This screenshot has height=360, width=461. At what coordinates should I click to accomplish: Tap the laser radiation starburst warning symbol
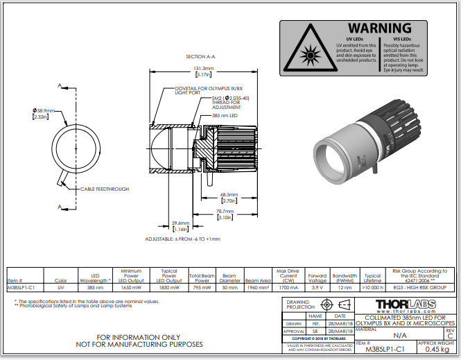[307, 51]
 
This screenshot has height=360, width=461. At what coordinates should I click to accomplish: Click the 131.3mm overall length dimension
[204, 69]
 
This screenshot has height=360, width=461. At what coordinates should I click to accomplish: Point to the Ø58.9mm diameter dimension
[43, 111]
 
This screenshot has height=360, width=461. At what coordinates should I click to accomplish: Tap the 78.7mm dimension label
[224, 212]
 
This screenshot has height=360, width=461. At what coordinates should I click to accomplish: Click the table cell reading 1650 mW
[130, 286]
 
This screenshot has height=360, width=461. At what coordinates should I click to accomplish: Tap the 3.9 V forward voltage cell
[317, 286]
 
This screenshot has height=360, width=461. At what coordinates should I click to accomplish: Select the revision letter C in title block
[450, 335]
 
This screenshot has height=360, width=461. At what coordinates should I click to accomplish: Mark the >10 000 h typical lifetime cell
[372, 286]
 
